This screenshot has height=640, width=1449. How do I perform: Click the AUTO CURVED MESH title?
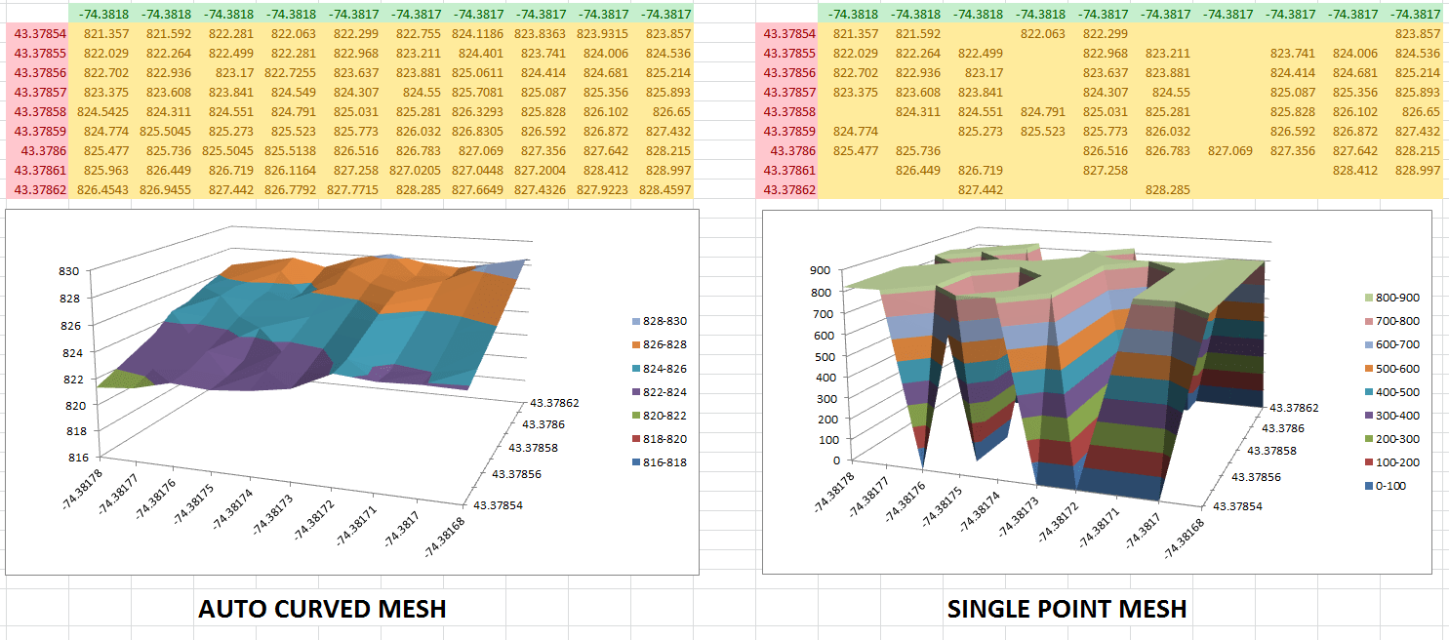tap(322, 609)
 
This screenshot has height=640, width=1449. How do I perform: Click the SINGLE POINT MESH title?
tap(1067, 609)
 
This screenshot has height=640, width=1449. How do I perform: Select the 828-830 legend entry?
tap(664, 321)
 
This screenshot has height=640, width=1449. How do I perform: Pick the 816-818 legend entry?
tap(664, 461)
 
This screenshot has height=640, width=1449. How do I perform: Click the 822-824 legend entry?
tap(664, 391)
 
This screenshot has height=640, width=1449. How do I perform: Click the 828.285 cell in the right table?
tap(1168, 190)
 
